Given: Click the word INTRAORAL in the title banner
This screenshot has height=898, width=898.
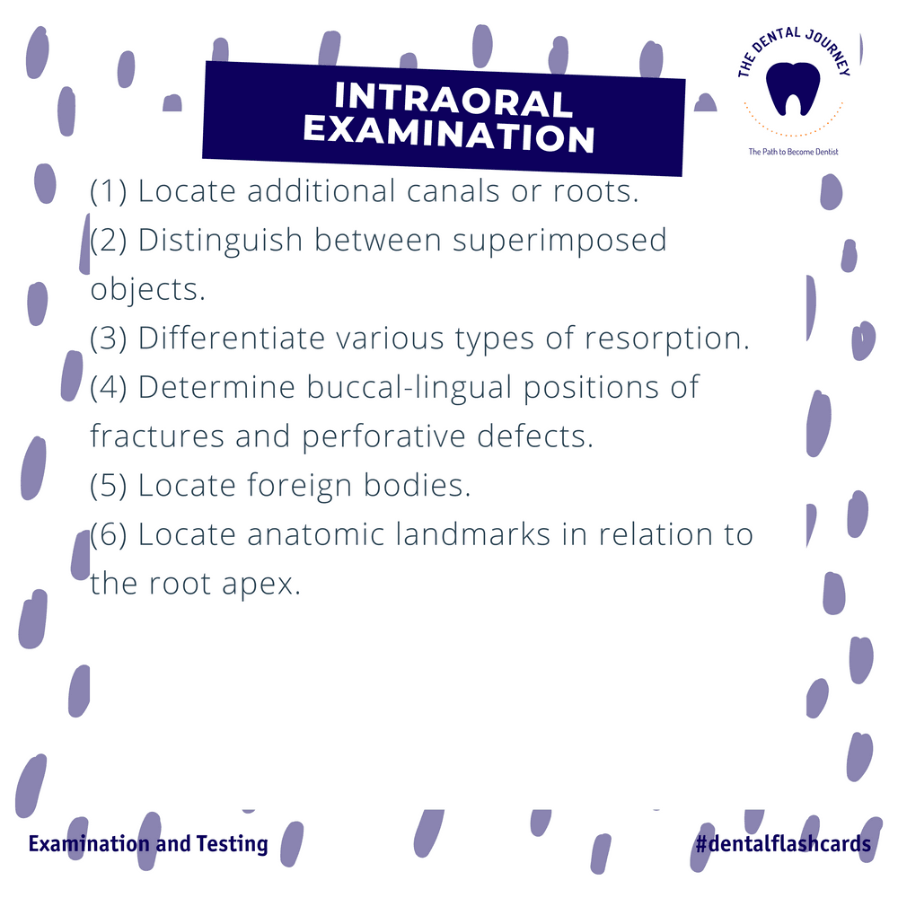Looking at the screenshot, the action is pyautogui.click(x=453, y=100).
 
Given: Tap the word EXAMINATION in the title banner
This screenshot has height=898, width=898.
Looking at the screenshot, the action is pyautogui.click(x=449, y=135).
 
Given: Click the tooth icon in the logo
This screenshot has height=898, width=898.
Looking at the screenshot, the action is pyautogui.click(x=793, y=89).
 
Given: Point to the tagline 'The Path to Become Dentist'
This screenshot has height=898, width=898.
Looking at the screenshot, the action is pyautogui.click(x=793, y=152).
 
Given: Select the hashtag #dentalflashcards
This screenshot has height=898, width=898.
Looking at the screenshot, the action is pyautogui.click(x=783, y=843).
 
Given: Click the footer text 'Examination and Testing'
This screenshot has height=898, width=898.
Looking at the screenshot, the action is pyautogui.click(x=148, y=844).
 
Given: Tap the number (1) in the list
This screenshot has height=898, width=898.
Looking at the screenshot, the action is pyautogui.click(x=109, y=190).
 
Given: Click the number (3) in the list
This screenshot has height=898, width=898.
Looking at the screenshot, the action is pyautogui.click(x=109, y=338).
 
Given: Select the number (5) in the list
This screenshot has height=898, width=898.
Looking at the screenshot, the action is pyautogui.click(x=109, y=485).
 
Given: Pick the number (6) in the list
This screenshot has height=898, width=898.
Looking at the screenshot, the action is pyautogui.click(x=109, y=534).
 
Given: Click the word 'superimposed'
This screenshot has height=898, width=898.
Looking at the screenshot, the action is pyautogui.click(x=559, y=241).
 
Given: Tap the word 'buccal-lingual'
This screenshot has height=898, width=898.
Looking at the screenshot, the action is pyautogui.click(x=409, y=388).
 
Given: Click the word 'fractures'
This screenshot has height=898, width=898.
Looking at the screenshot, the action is pyautogui.click(x=157, y=436).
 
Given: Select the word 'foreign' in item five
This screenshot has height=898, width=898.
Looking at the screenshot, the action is pyautogui.click(x=300, y=486).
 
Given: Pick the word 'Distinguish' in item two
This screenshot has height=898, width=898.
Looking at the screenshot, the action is pyautogui.click(x=221, y=241).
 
